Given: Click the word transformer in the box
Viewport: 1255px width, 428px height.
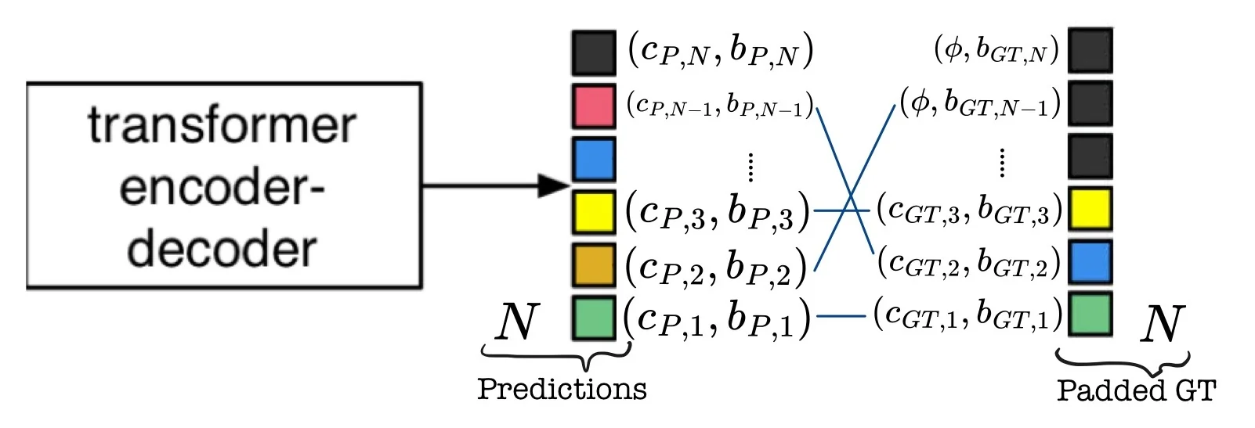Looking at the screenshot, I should pyautogui.click(x=222, y=126).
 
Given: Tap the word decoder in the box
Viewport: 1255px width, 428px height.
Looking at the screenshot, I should pyautogui.click(x=222, y=249).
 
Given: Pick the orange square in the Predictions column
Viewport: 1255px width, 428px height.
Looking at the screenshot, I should pyautogui.click(x=593, y=265).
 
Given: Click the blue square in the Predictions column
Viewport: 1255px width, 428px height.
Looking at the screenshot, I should pyautogui.click(x=593, y=158).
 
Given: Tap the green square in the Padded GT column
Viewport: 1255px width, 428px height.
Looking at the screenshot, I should pyautogui.click(x=1090, y=313).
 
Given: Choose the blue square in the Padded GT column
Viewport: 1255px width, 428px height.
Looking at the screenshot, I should pyautogui.click(x=1090, y=261).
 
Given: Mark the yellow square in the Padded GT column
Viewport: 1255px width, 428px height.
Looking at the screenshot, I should pyautogui.click(x=1090, y=209).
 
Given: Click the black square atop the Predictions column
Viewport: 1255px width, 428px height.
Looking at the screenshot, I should pyautogui.click(x=593, y=52).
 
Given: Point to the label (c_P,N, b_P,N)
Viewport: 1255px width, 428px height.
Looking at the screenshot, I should pyautogui.click(x=720, y=51).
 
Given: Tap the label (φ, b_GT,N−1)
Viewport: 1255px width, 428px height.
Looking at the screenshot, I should pyautogui.click(x=979, y=103).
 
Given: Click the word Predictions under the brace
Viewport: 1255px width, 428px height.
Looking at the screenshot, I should pyautogui.click(x=562, y=388).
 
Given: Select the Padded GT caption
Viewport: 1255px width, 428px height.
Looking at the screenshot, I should pyautogui.click(x=1136, y=390).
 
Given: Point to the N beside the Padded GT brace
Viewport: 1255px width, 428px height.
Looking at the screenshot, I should pyautogui.click(x=1161, y=323).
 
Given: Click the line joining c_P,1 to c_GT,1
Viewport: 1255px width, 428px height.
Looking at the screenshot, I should pyautogui.click(x=841, y=316).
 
